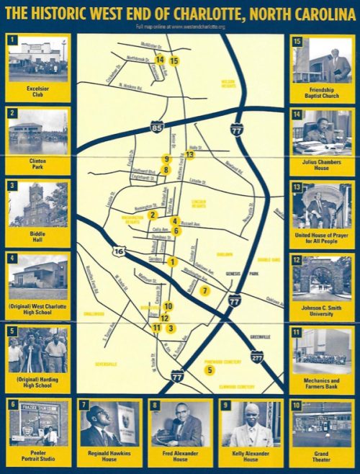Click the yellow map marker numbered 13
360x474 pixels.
[190, 154]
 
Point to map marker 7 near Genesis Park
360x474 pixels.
[205, 291]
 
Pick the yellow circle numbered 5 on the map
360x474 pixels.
[210, 370]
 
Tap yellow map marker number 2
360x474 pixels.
[153, 214]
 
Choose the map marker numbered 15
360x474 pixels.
[174, 61]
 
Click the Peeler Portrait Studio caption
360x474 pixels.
[38, 457]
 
